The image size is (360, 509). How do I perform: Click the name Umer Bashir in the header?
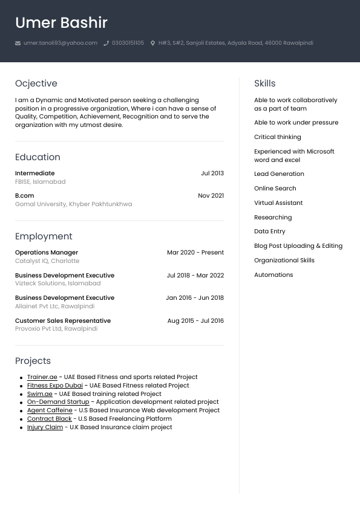tap(61, 23)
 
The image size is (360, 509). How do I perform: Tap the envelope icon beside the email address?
tap(18, 44)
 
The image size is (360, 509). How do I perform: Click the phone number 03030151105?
tap(128, 44)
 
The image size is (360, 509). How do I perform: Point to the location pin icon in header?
tap(153, 44)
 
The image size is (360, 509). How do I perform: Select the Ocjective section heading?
tap(36, 83)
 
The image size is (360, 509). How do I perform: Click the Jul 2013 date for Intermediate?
tap(212, 173)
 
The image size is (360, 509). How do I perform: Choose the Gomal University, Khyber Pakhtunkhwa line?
tap(73, 204)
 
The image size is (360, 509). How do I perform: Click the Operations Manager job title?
tap(47, 253)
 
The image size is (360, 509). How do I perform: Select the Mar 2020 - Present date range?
tap(195, 253)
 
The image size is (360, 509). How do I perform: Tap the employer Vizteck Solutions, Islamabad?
tap(57, 284)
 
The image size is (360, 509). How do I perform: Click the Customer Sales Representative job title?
tap(63, 321)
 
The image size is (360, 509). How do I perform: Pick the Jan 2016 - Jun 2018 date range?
tap(195, 298)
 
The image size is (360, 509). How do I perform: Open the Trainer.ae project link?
tap(42, 377)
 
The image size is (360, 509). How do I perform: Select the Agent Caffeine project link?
tap(50, 410)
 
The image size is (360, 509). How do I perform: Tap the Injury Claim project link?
tap(45, 427)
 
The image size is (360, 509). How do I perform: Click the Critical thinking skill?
tap(277, 137)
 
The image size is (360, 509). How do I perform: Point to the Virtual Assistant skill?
tap(278, 203)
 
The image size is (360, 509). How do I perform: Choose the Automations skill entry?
tap(273, 275)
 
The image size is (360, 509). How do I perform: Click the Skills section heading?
tap(264, 83)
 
